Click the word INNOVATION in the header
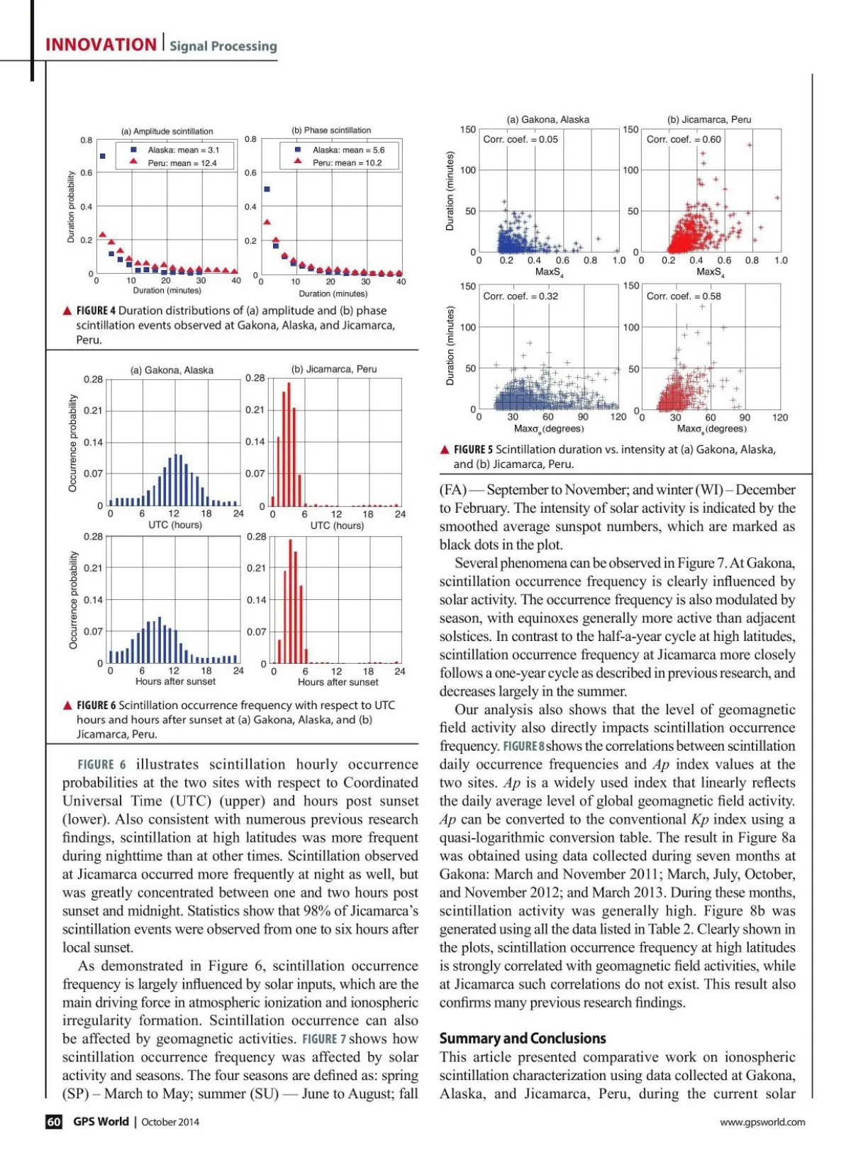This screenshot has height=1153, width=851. tap(101, 45)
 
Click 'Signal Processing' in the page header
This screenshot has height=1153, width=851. tap(223, 46)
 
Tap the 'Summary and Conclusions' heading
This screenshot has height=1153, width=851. tap(523, 1038)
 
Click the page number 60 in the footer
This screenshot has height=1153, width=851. tap(54, 1121)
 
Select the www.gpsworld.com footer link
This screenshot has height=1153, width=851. tap(762, 1122)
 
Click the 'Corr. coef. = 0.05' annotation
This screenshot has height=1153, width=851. tap(521, 140)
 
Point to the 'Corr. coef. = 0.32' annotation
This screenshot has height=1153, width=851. tap(521, 296)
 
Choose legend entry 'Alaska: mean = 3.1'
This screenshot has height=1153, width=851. tap(183, 150)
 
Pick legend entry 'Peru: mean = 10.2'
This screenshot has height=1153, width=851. tap(347, 163)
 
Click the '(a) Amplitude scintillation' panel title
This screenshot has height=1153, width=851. tap(167, 131)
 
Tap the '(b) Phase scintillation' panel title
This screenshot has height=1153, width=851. tap(331, 130)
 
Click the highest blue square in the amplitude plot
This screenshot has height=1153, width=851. tap(103, 156)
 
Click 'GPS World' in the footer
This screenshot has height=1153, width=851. tap(101, 1121)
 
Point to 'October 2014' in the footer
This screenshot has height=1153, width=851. tap(170, 1122)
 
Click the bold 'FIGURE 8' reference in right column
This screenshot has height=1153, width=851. tap(523, 746)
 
